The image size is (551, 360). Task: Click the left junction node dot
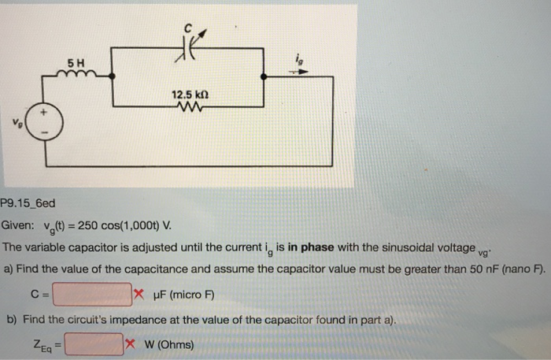113,76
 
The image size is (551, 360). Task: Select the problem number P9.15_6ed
28,202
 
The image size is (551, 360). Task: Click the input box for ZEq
94,345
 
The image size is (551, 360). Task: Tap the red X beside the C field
138,295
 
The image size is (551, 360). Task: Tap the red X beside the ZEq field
131,345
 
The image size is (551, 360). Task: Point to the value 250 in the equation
88,225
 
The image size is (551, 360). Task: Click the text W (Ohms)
168,345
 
